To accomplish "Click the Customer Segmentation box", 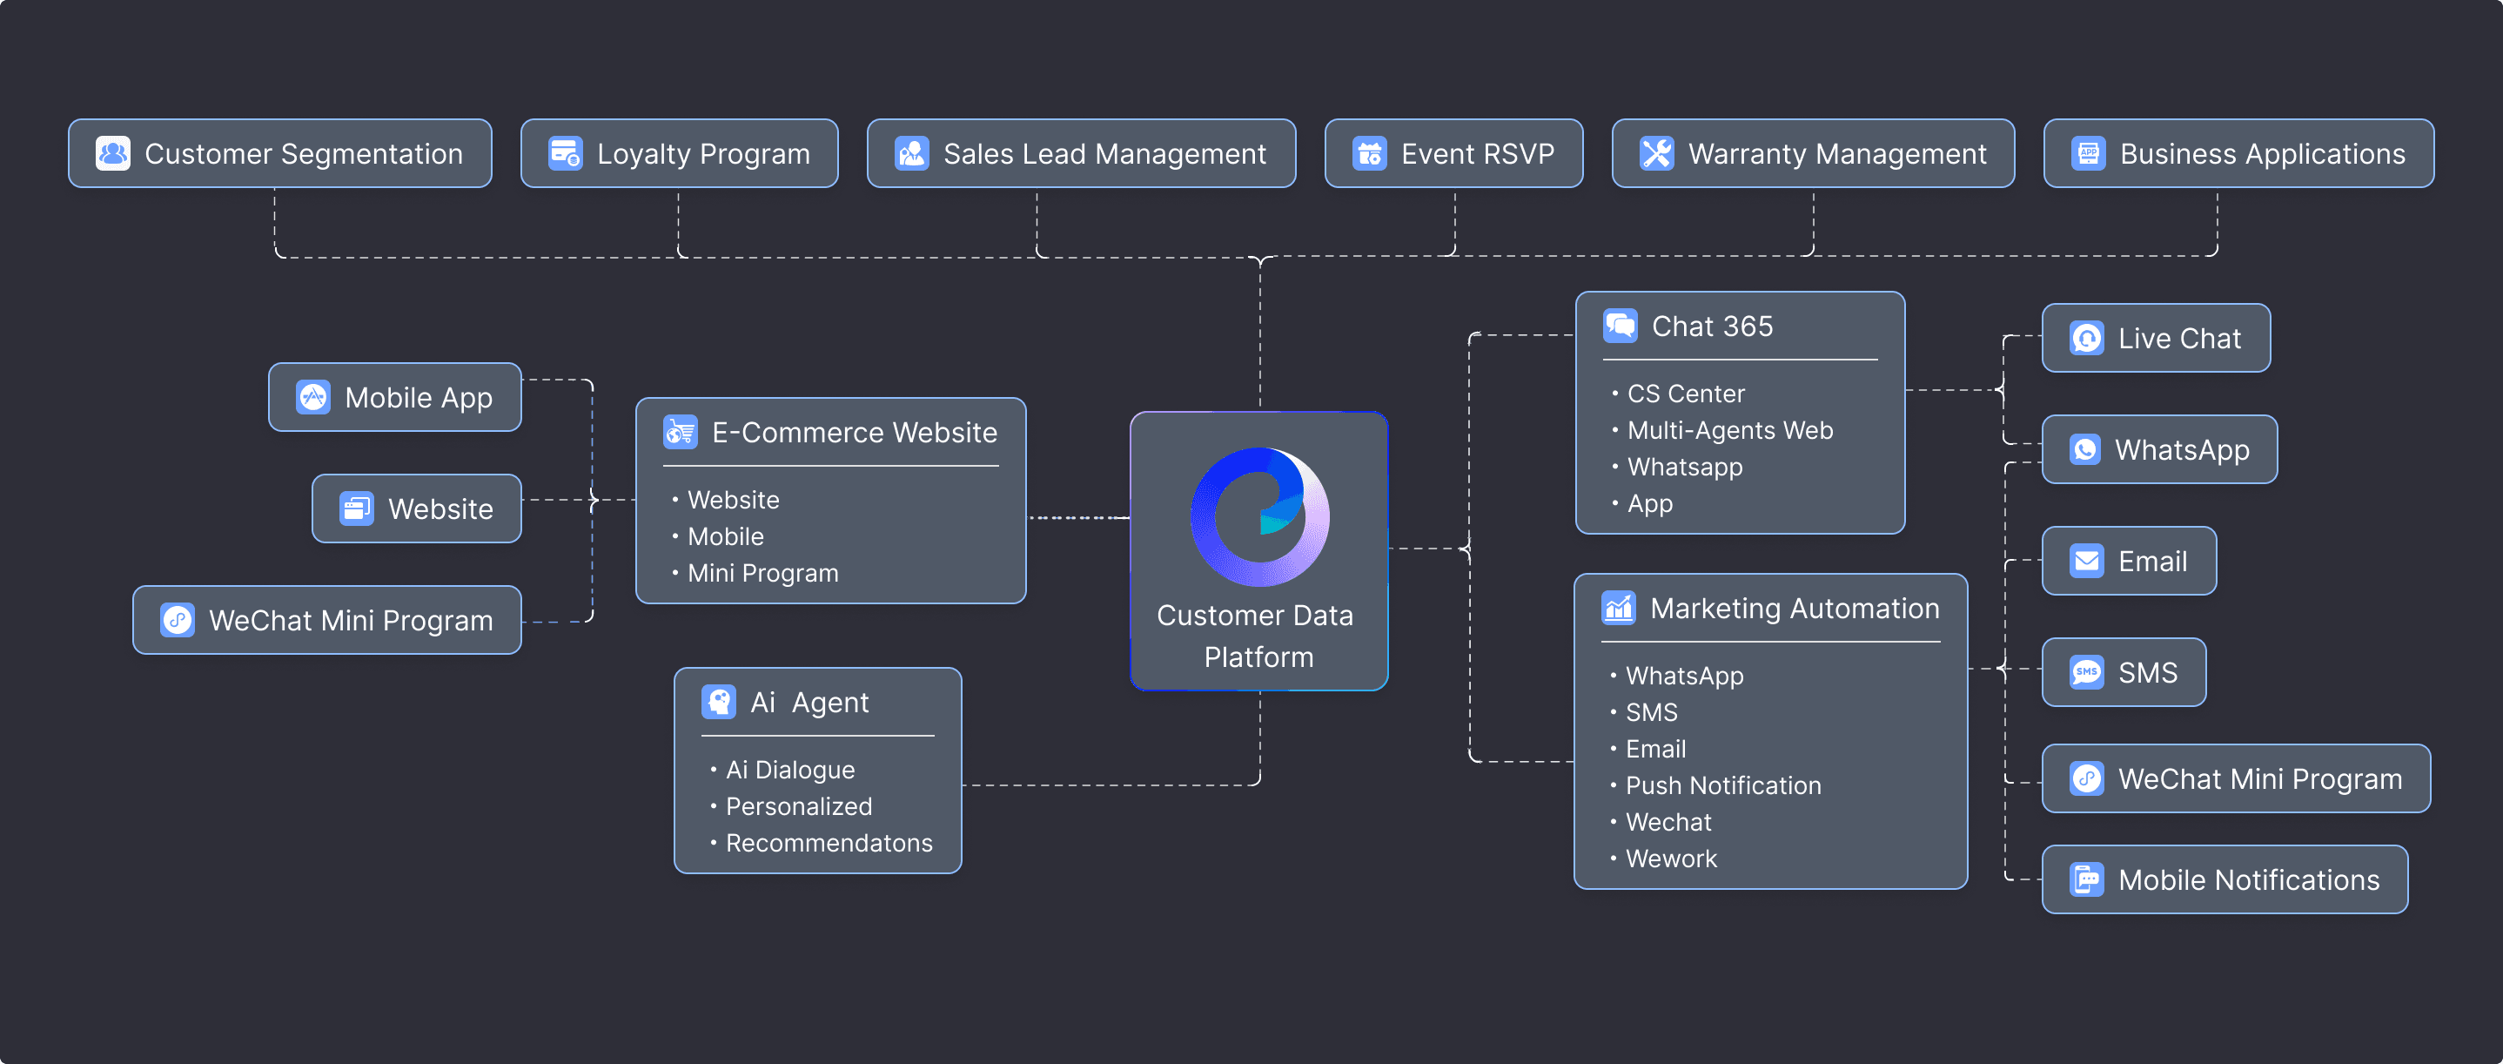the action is [x=280, y=153].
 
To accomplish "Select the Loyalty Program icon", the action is [x=566, y=153].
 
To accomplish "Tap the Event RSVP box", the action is [x=1453, y=153].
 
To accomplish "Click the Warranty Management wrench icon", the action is [x=1657, y=153].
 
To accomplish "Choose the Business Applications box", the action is [x=2238, y=153].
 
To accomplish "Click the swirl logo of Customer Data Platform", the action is [x=1260, y=516].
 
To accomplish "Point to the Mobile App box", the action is [x=394, y=397].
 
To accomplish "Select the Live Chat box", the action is [x=2156, y=338].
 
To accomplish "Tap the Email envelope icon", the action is [x=2087, y=561].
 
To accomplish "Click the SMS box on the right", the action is [x=2124, y=672].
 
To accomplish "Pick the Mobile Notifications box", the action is [x=2225, y=879].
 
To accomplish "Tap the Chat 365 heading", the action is [x=1712, y=327].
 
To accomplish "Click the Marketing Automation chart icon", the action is [x=1619, y=609].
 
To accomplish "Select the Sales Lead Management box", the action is [x=1082, y=153].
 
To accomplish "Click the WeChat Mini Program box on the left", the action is [x=327, y=620].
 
